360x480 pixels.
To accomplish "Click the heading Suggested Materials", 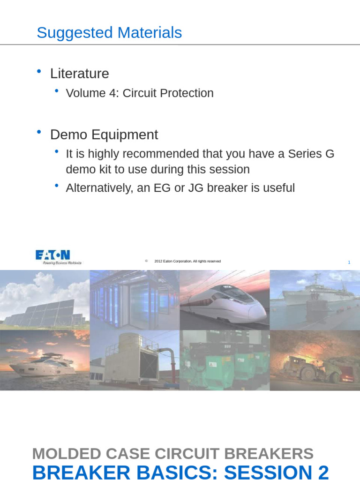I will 109,33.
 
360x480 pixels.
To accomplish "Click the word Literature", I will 80,74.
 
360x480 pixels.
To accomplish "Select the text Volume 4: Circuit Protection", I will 140,93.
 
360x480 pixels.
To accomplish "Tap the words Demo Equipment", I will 104,135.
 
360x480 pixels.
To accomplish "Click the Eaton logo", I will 53,256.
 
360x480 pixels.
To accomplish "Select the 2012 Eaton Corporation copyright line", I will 187,261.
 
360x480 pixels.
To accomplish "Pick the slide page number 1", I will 349,262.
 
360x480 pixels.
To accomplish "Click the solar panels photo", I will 45,300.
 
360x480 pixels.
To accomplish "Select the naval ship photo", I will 315,300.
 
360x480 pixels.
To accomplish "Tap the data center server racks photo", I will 134,300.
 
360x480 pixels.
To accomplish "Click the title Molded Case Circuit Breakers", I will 172,454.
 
